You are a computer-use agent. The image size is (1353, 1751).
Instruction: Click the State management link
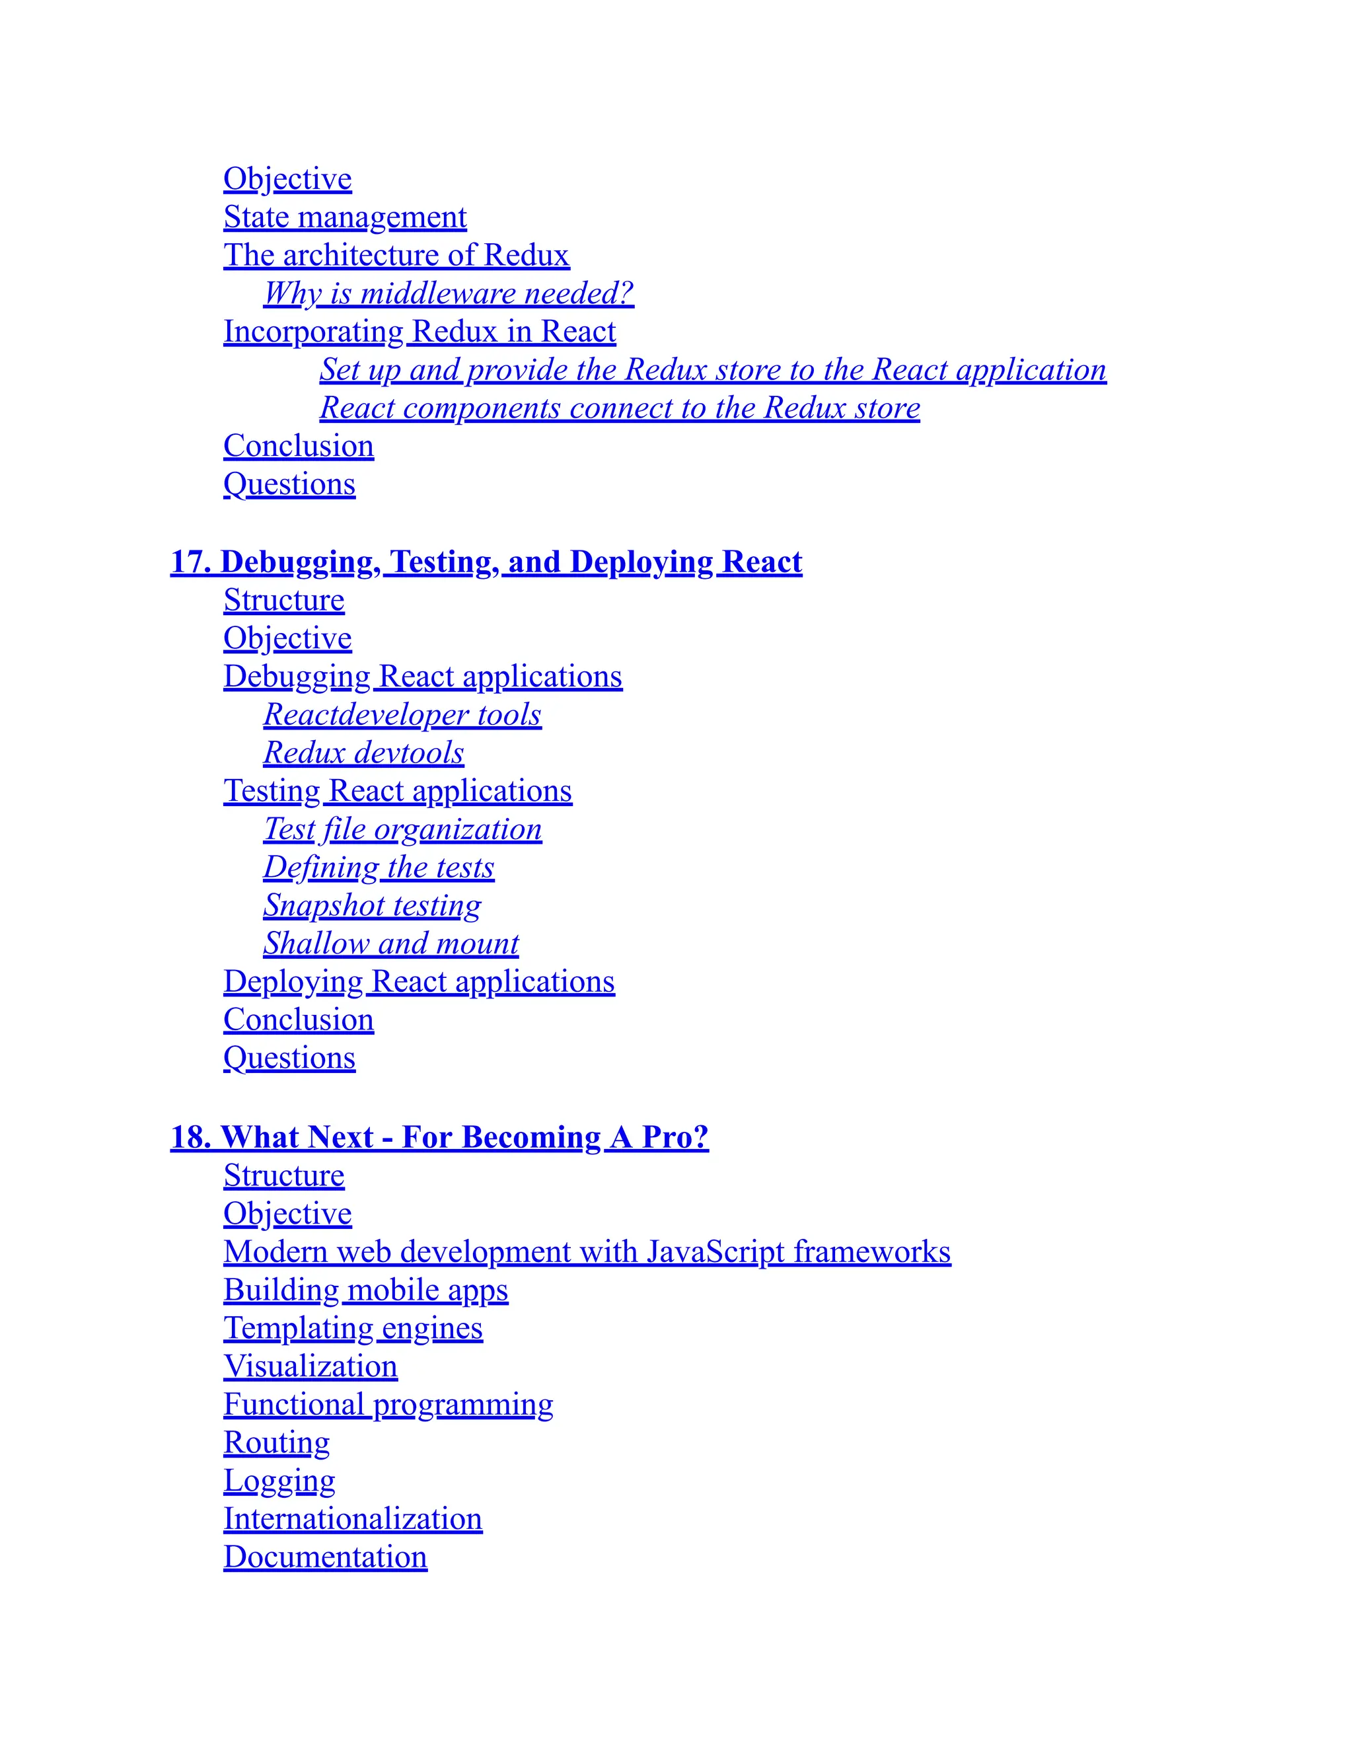pyautogui.click(x=345, y=217)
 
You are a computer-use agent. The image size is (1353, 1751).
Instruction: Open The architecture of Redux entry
pyautogui.click(x=396, y=255)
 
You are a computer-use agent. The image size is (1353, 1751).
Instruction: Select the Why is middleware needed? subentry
pyautogui.click(x=448, y=293)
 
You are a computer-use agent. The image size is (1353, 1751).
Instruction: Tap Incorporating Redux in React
pyautogui.click(x=420, y=332)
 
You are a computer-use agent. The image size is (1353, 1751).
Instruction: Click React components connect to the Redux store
pyautogui.click(x=620, y=408)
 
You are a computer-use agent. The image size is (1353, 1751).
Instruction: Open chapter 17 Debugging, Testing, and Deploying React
pyautogui.click(x=486, y=562)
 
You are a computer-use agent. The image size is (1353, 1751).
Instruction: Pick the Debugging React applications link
pyautogui.click(x=422, y=677)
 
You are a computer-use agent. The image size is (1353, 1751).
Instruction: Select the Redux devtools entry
pyautogui.click(x=363, y=753)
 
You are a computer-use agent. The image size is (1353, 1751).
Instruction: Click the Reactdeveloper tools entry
pyautogui.click(x=402, y=714)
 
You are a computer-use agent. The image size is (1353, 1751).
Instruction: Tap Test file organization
pyautogui.click(x=402, y=829)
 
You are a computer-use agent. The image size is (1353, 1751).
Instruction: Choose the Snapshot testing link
pyautogui.click(x=372, y=905)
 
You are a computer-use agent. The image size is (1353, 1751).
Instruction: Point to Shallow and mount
pyautogui.click(x=391, y=944)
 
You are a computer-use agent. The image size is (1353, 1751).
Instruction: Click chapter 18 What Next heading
pyautogui.click(x=439, y=1138)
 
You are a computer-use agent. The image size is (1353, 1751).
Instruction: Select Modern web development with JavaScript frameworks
pyautogui.click(x=587, y=1252)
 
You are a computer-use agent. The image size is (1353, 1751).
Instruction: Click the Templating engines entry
pyautogui.click(x=353, y=1329)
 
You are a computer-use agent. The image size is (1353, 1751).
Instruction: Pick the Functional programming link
pyautogui.click(x=388, y=1405)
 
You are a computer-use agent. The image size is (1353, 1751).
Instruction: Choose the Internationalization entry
pyautogui.click(x=353, y=1519)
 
